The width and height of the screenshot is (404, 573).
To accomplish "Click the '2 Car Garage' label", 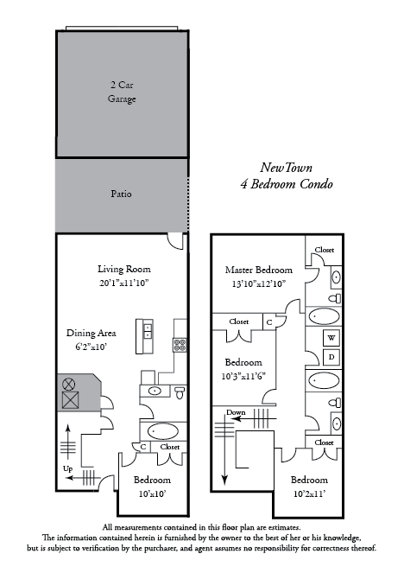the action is point(122,92).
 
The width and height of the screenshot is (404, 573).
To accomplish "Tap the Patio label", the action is point(121,194).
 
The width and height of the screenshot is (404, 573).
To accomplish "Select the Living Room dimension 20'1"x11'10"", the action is point(123,283).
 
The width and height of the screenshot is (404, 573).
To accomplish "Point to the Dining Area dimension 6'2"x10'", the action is point(91,347).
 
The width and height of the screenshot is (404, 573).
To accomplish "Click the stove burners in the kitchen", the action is point(180,345).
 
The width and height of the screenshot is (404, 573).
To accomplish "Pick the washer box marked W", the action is point(331,338).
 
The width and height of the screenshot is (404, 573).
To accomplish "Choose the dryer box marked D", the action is point(331,357).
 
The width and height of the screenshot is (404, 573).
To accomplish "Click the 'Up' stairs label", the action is point(68,468).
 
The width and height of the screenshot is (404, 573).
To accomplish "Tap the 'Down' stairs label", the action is point(236,412).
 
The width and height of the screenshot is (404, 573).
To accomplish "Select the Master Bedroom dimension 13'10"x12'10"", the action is point(258,283).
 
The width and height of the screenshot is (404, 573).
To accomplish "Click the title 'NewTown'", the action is point(286,168).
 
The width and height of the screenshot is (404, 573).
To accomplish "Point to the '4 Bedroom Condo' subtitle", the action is point(287,184).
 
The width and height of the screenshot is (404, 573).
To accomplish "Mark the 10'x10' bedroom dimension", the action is point(152,493).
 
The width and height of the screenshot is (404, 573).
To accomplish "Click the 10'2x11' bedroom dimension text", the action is point(309,493).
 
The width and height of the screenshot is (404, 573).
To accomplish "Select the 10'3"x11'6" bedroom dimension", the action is point(243,376).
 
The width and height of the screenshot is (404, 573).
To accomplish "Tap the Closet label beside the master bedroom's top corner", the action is point(325,250).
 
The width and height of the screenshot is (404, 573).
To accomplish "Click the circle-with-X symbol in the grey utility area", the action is point(68,384).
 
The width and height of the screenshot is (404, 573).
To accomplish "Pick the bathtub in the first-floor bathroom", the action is point(163,431).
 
